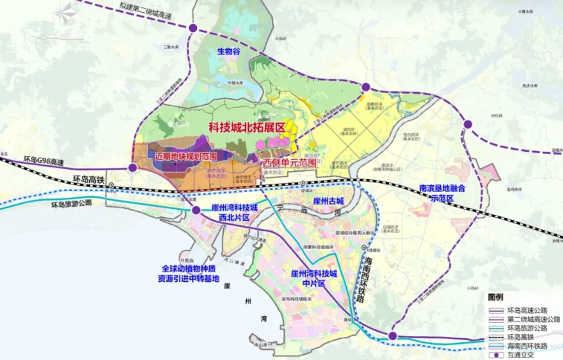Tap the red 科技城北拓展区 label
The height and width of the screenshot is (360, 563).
[x=247, y=129]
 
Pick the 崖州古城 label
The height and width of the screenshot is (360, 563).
[x=328, y=202]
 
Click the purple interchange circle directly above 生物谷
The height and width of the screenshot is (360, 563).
[x=193, y=29]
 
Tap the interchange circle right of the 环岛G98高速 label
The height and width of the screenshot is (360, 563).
[x=132, y=168]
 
